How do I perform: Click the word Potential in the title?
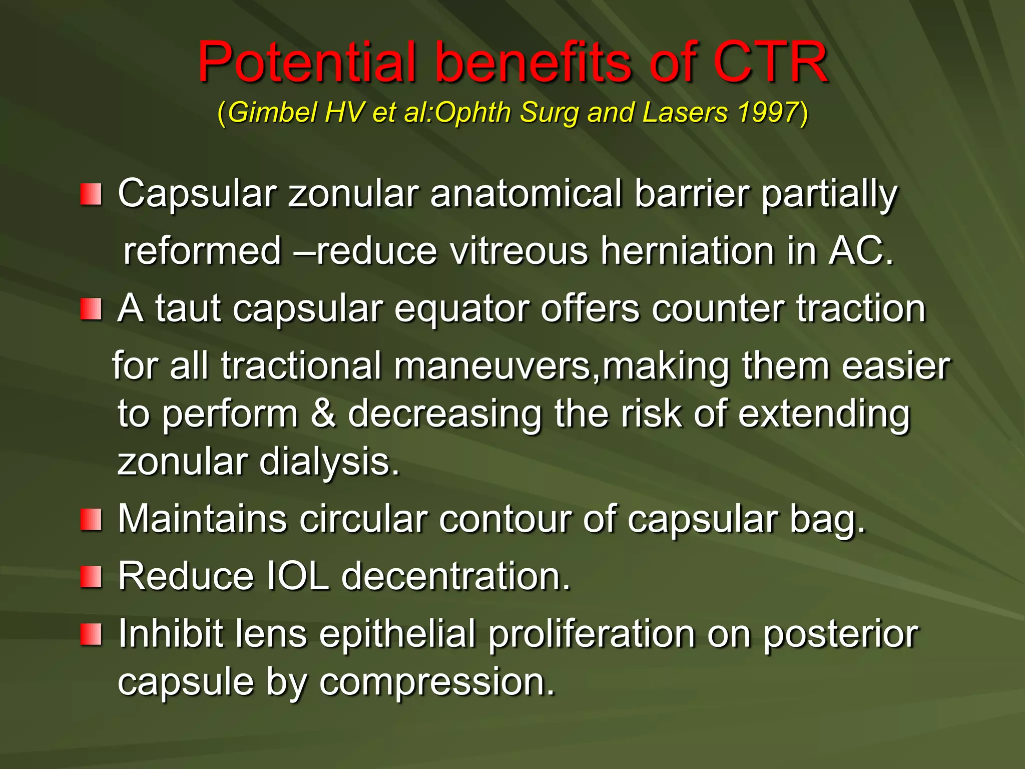[306, 62]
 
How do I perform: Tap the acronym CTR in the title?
[771, 62]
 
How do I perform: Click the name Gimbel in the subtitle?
[273, 113]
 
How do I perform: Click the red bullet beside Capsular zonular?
[91, 194]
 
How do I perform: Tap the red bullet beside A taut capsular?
[91, 309]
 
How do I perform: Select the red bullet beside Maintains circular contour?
[91, 520]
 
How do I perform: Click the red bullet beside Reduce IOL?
[91, 577]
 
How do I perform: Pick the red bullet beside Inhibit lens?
[91, 634]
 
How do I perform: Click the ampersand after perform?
[323, 414]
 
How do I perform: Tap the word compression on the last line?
[436, 682]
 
